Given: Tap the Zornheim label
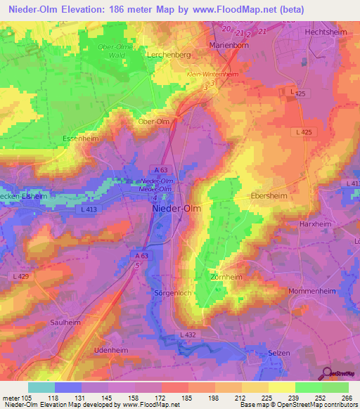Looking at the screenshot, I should (x=227, y=277).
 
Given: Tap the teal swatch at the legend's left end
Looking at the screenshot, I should (x=41, y=387).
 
